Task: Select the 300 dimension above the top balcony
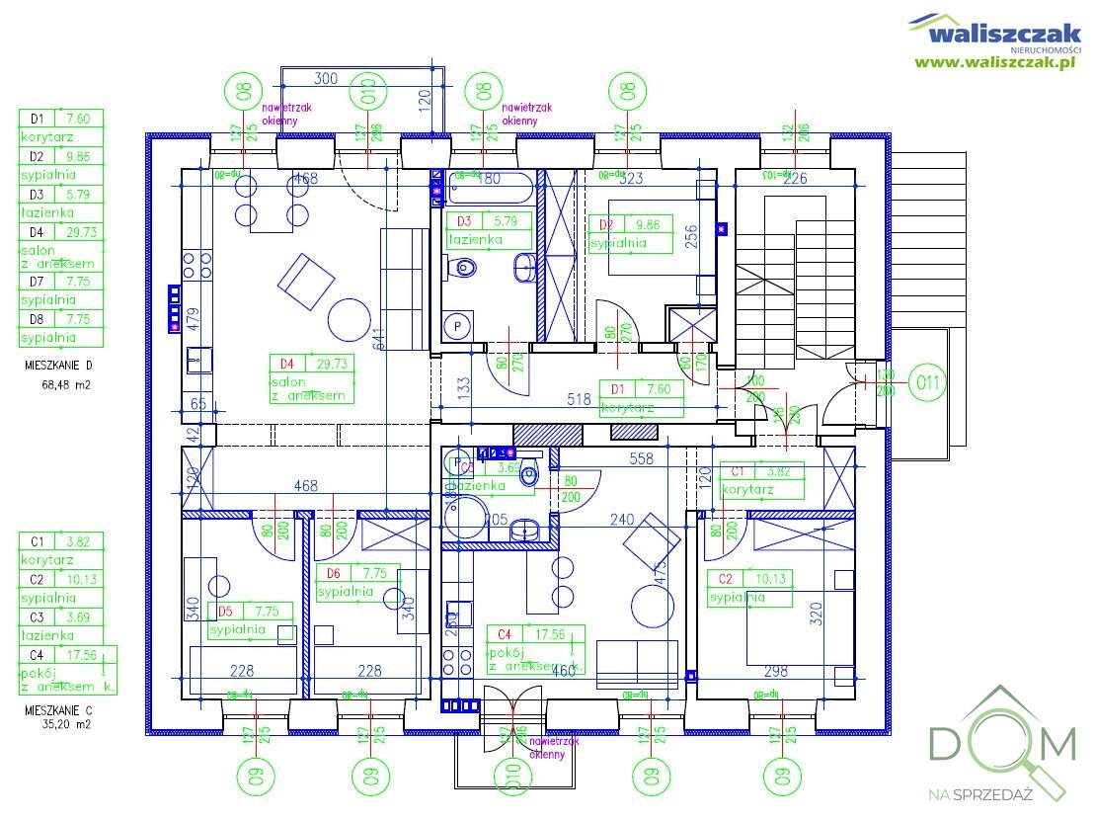[325, 78]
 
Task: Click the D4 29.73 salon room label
[312, 378]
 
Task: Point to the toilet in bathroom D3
[464, 267]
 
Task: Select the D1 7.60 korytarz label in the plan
[642, 396]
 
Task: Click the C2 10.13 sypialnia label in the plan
[750, 587]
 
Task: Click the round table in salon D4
[349, 318]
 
